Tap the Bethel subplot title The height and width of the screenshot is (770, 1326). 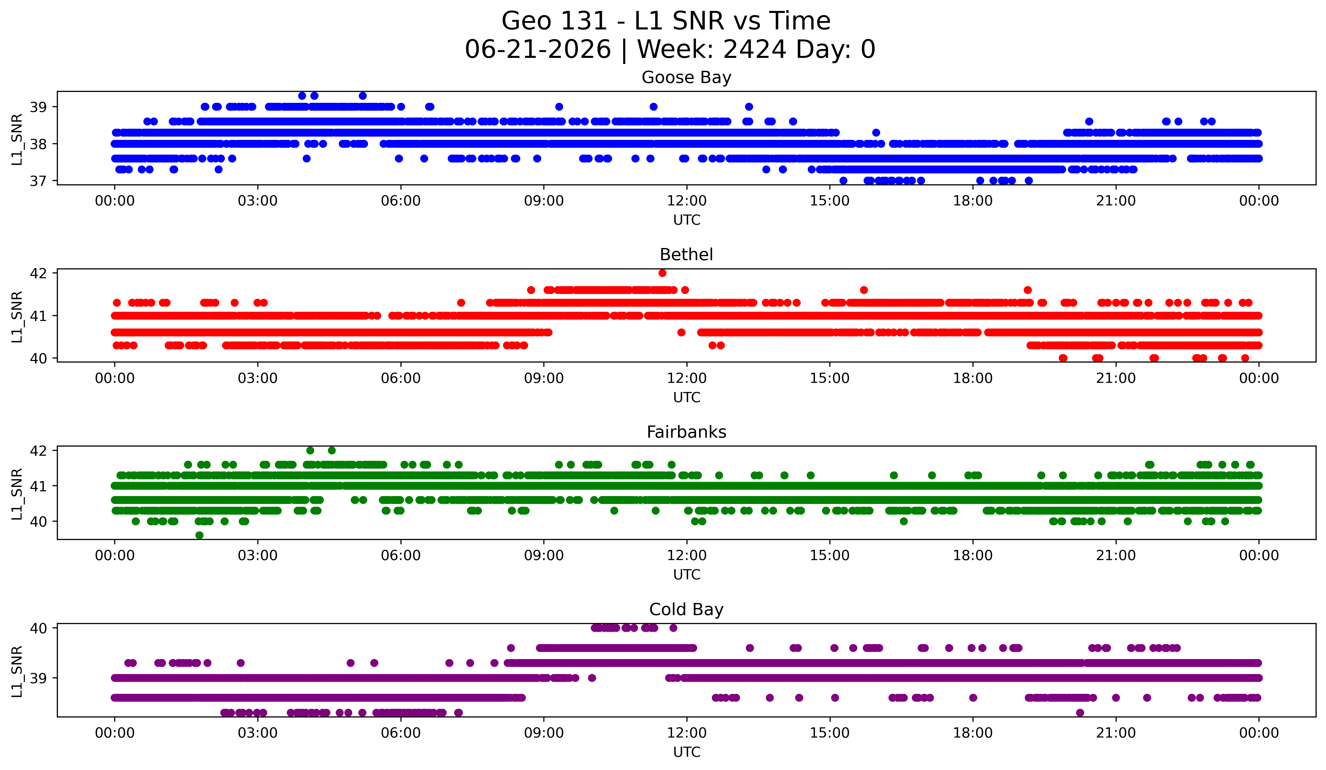(686, 255)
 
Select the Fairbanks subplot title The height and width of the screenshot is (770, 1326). (686, 432)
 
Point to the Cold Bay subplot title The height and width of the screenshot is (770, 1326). (686, 610)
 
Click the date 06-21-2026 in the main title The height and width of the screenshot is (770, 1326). (538, 50)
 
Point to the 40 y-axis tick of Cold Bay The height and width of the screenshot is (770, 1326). (38, 628)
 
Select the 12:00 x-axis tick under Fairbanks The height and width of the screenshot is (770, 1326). (687, 555)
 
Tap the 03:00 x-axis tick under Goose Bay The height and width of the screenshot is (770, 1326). (258, 201)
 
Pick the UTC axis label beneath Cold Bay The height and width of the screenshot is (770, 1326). (687, 752)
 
